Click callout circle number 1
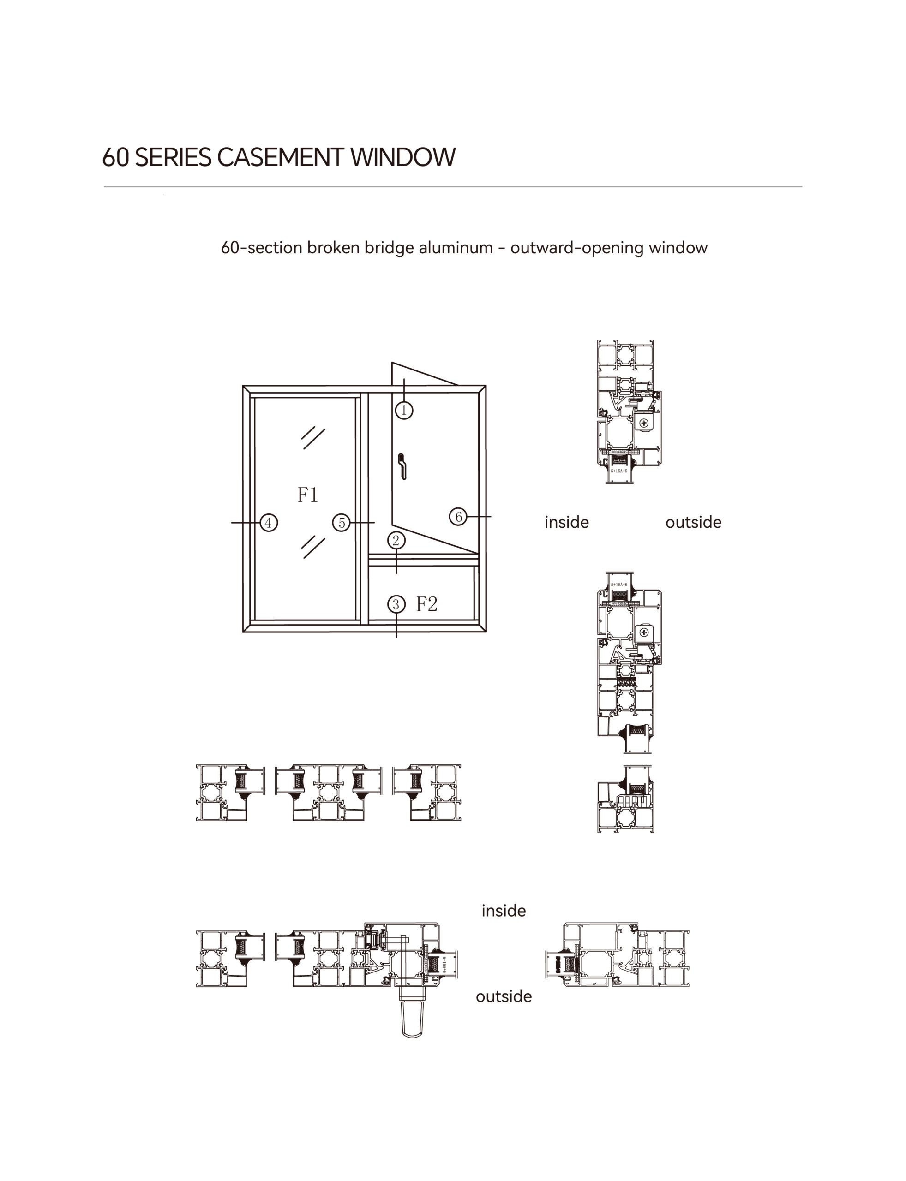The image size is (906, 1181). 404,410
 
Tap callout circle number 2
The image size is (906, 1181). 396,540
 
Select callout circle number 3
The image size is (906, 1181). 396,604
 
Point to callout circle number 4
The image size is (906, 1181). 269,522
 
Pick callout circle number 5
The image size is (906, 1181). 341,522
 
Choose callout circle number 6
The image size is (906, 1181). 458,516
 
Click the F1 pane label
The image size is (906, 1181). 308,494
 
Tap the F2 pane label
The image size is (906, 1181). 426,604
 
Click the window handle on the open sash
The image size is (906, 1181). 402,466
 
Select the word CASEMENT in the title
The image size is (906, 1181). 280,157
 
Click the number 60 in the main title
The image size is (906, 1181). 115,157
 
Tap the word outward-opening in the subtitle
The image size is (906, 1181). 577,248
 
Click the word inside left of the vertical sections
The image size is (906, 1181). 566,522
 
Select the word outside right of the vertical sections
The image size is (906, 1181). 693,522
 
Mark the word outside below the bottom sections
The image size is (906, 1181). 503,996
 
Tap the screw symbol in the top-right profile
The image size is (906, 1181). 643,423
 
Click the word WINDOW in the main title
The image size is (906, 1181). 403,157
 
